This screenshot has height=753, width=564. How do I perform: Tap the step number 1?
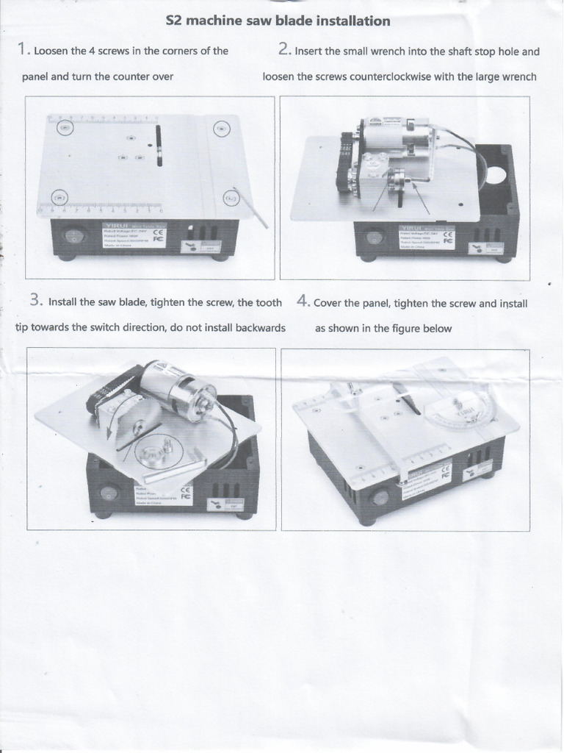[23, 50]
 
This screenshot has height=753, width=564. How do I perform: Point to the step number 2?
[285, 50]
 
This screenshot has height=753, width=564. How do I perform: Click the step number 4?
[303, 301]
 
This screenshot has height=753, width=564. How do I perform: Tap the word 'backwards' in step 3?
[261, 327]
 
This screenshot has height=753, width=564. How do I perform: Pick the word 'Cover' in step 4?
[328, 303]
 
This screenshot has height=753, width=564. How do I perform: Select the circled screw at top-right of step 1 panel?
[221, 129]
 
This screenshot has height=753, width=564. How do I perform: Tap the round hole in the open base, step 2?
[496, 176]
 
